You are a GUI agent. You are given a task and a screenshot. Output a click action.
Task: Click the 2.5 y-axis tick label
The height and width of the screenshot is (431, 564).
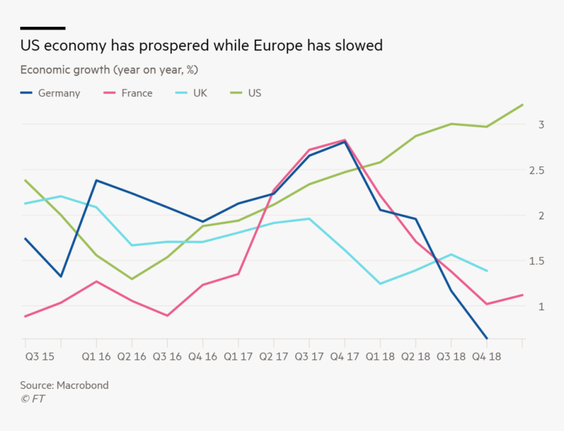[x=538, y=170]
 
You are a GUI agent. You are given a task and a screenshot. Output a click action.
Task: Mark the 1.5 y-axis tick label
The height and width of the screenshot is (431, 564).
[x=538, y=261]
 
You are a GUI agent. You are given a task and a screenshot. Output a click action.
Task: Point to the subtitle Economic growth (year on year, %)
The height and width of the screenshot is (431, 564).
[x=109, y=70]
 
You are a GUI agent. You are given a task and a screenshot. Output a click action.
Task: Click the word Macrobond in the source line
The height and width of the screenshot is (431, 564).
[x=83, y=386]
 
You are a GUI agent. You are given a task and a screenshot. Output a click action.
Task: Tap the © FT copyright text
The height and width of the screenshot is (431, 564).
[x=33, y=399]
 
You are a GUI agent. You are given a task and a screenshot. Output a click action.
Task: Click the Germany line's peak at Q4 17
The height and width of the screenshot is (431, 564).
[x=344, y=141]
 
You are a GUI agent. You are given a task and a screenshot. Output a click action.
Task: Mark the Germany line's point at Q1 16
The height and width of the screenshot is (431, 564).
[x=96, y=180]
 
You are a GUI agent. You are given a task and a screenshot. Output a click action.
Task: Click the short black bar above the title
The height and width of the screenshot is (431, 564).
[x=43, y=28]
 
